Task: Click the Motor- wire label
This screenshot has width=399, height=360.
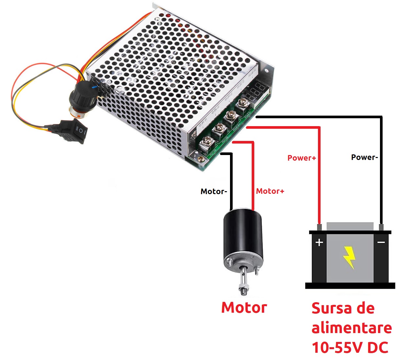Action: [x=214, y=191]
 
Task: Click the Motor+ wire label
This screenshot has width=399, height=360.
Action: [x=270, y=191]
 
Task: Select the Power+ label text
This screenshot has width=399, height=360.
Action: [x=302, y=158]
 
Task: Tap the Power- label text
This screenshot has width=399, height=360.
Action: [x=364, y=157]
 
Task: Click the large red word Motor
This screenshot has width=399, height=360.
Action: [x=244, y=308]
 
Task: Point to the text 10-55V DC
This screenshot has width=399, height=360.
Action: [x=350, y=348]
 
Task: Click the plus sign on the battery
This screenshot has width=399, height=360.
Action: [x=319, y=242]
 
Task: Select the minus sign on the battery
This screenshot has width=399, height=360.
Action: [x=381, y=242]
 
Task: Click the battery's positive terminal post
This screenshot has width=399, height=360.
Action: [x=319, y=227]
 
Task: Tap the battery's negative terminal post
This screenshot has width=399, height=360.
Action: [x=381, y=227]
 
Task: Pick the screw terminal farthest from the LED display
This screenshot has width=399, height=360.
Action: [x=207, y=142]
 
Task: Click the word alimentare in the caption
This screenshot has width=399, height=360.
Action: [x=351, y=328]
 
